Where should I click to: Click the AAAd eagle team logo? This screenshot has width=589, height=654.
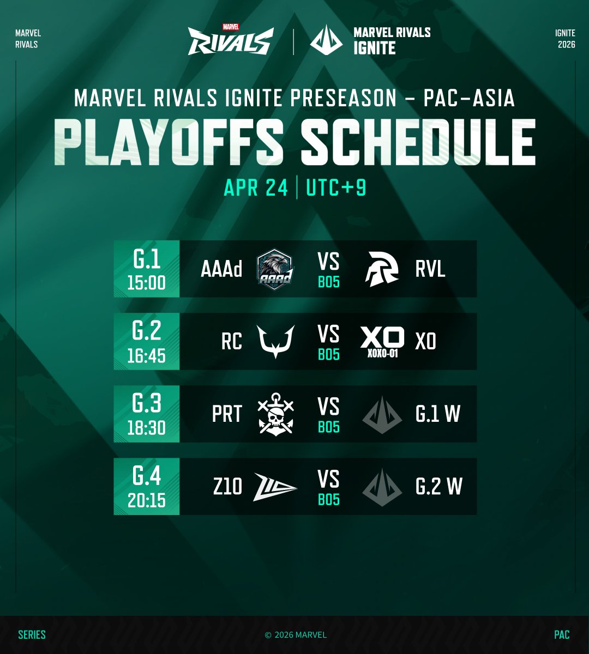click(x=275, y=269)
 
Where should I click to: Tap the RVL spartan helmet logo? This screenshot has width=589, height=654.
click(x=382, y=269)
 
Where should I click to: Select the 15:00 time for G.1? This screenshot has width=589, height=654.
click(x=146, y=282)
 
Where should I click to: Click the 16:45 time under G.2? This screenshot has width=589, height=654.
click(x=146, y=355)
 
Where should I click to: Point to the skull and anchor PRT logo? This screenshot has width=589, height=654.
click(x=275, y=414)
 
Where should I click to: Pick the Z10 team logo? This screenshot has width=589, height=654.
click(x=275, y=487)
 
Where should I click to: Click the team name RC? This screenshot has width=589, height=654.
click(x=232, y=342)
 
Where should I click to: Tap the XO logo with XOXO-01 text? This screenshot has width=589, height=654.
click(x=382, y=342)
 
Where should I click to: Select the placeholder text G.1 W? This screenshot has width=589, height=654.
click(x=438, y=414)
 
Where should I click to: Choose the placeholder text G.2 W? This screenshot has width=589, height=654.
click(x=438, y=487)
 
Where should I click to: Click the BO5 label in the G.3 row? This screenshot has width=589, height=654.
click(x=329, y=427)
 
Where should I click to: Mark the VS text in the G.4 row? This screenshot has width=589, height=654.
click(x=329, y=480)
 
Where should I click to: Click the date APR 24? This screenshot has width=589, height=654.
click(x=256, y=188)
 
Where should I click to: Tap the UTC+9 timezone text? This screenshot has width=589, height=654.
click(x=336, y=188)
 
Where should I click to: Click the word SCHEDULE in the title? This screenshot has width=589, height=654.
click(x=418, y=143)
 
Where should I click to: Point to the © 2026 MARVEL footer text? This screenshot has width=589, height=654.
click(x=296, y=635)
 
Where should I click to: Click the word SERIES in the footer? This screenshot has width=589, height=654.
click(x=32, y=635)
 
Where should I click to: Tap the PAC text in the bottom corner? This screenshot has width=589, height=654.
click(x=562, y=635)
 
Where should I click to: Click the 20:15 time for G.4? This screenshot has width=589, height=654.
click(x=146, y=500)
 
